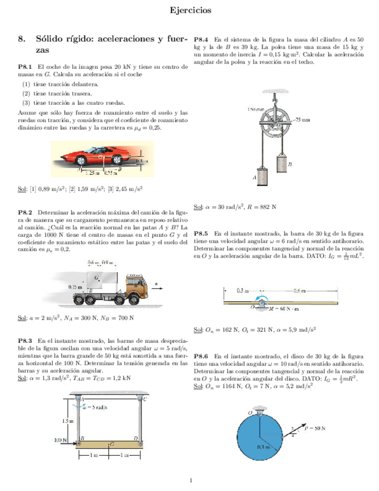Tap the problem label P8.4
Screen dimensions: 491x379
coord(205,32)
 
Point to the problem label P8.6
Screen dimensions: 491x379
coord(205,356)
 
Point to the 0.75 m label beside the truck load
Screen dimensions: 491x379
coord(76,287)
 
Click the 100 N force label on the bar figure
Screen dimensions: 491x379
coord(61,440)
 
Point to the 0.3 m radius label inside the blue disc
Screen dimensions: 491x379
coord(263,447)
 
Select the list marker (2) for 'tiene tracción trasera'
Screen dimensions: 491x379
coord(26,93)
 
